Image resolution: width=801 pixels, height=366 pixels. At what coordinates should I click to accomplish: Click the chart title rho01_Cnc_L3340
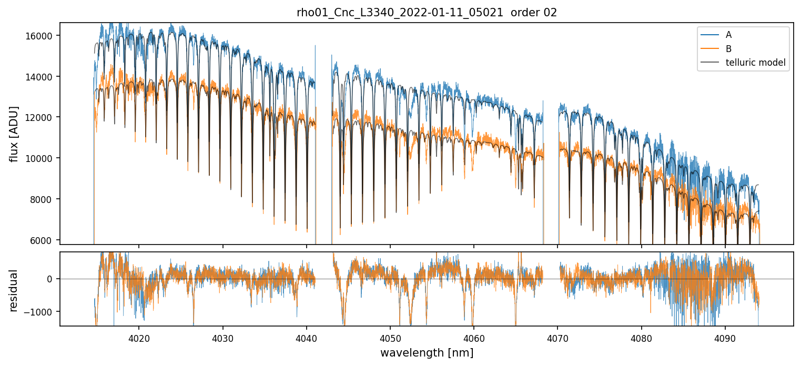tap(427, 13)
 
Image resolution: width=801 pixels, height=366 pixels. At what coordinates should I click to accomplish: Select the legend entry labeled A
tap(728, 35)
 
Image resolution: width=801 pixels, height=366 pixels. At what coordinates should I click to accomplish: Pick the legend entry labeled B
tap(728, 49)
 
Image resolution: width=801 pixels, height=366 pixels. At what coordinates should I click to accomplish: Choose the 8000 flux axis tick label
tap(43, 199)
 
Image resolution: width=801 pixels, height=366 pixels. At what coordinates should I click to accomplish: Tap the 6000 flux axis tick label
tap(43, 240)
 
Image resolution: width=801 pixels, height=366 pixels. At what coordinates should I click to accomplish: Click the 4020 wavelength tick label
tap(139, 337)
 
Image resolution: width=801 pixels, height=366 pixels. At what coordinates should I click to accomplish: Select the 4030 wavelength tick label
tap(222, 337)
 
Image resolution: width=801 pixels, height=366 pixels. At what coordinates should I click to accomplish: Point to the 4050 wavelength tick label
tap(390, 337)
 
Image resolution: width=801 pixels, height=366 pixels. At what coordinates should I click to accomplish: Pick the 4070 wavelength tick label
tap(557, 337)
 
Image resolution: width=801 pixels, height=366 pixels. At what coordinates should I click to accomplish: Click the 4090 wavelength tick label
tap(725, 337)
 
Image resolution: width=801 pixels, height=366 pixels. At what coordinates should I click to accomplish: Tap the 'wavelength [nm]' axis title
tap(427, 352)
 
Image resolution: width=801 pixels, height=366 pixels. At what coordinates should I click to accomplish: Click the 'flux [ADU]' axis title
tap(14, 134)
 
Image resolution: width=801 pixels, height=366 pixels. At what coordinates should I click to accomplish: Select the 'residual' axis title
tap(14, 290)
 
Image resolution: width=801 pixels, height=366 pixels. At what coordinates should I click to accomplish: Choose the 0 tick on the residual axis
tap(50, 279)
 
